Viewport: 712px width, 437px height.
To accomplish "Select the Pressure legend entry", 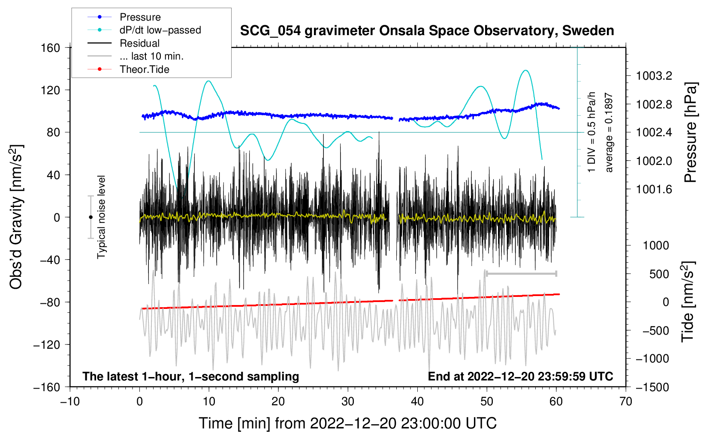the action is pyautogui.click(x=124, y=17).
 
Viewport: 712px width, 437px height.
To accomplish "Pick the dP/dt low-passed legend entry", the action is pyautogui.click(x=144, y=30).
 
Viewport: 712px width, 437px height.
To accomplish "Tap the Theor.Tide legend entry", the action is pyautogui.click(x=128, y=69).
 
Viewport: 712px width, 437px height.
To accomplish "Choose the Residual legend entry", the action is pyautogui.click(x=124, y=43).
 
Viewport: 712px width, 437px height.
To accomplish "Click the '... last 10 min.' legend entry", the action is pyautogui.click(x=136, y=56).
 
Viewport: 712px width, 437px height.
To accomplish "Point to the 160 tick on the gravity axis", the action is pyautogui.click(x=51, y=48).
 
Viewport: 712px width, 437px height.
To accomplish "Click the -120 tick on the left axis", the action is pyautogui.click(x=47, y=344).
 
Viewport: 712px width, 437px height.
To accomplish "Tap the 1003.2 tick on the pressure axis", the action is pyautogui.click(x=654, y=76).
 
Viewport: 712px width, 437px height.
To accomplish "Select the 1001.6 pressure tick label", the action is pyautogui.click(x=654, y=190).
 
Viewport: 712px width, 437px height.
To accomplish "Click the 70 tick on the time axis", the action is pyautogui.click(x=625, y=402).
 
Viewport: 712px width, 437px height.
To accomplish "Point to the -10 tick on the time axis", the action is pyautogui.click(x=70, y=402).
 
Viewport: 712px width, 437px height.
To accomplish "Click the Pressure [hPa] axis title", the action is pyautogui.click(x=691, y=132).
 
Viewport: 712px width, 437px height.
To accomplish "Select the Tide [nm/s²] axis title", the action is pyautogui.click(x=688, y=302).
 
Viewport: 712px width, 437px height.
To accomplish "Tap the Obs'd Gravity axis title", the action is pyautogui.click(x=16, y=217).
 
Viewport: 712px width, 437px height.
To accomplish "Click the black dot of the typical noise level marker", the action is pyautogui.click(x=91, y=217).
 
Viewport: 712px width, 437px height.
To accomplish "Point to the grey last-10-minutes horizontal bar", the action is pyautogui.click(x=521, y=274).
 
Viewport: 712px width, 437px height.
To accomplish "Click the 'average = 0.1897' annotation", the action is pyautogui.click(x=609, y=132).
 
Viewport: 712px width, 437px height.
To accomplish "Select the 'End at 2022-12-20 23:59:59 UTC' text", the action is pyautogui.click(x=520, y=376).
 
